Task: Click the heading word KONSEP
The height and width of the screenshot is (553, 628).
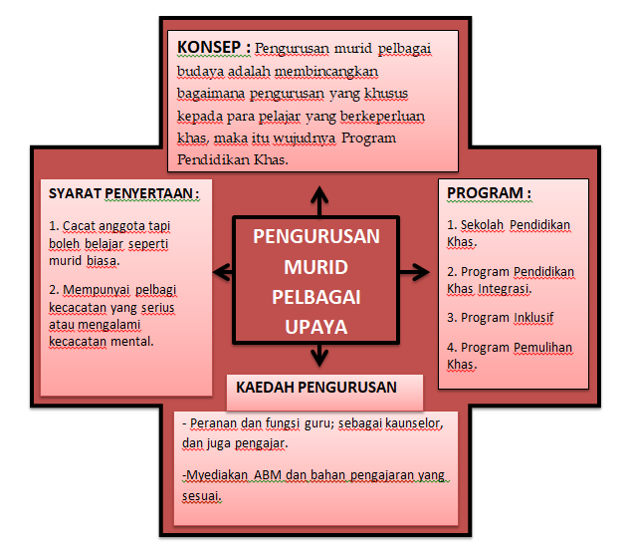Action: click(209, 47)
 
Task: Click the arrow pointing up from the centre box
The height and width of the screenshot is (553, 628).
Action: click(319, 201)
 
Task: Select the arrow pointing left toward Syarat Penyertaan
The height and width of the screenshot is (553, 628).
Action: click(223, 272)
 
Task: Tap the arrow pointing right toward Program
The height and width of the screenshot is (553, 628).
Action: click(414, 272)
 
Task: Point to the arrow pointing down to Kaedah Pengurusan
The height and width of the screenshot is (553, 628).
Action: click(319, 355)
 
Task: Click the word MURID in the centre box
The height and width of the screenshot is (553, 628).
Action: click(316, 267)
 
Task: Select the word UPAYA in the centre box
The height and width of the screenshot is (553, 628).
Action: click(316, 327)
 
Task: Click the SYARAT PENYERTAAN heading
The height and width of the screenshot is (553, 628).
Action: click(123, 193)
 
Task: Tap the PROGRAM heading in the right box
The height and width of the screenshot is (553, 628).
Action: click(489, 193)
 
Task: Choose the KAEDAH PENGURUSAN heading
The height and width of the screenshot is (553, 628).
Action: click(316, 388)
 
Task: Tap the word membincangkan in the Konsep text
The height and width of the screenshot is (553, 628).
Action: click(326, 72)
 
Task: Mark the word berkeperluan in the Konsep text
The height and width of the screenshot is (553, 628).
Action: click(382, 117)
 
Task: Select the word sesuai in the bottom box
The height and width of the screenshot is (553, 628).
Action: click(202, 496)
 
